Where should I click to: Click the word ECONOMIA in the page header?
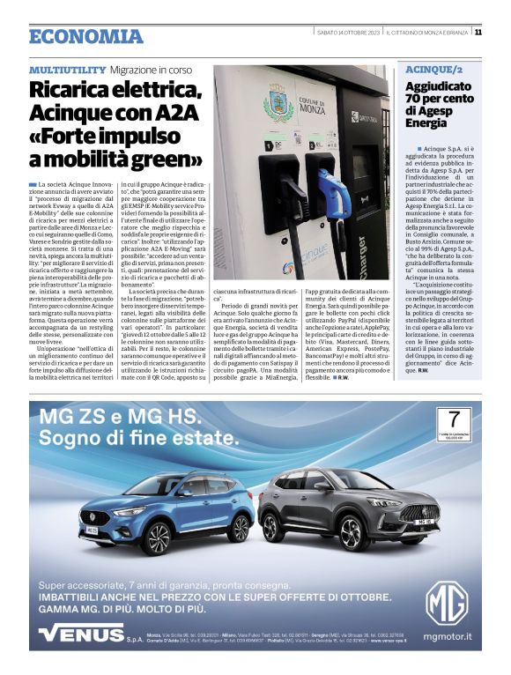(x=85, y=36)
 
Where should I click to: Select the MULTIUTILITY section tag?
(x=67, y=69)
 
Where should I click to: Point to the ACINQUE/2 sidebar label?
(x=433, y=69)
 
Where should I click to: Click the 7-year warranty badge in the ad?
(x=453, y=422)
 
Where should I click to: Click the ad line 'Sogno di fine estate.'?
(x=132, y=438)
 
